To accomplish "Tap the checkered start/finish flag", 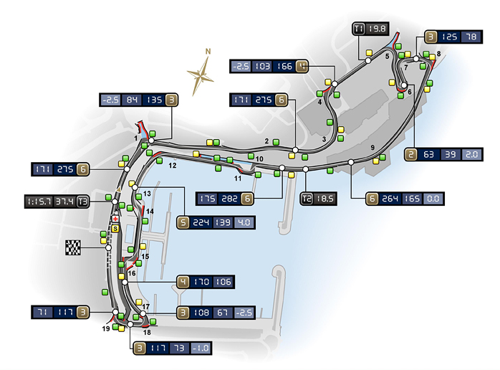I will tap(73, 248).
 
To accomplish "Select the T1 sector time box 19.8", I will tap(378, 29).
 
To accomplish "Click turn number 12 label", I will tap(172, 165).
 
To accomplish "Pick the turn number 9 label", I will tap(372, 148).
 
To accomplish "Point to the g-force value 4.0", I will tap(244, 222).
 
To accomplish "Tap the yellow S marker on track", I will tap(115, 227).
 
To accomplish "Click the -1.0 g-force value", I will tap(203, 348).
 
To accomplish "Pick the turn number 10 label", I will tap(259, 158).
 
